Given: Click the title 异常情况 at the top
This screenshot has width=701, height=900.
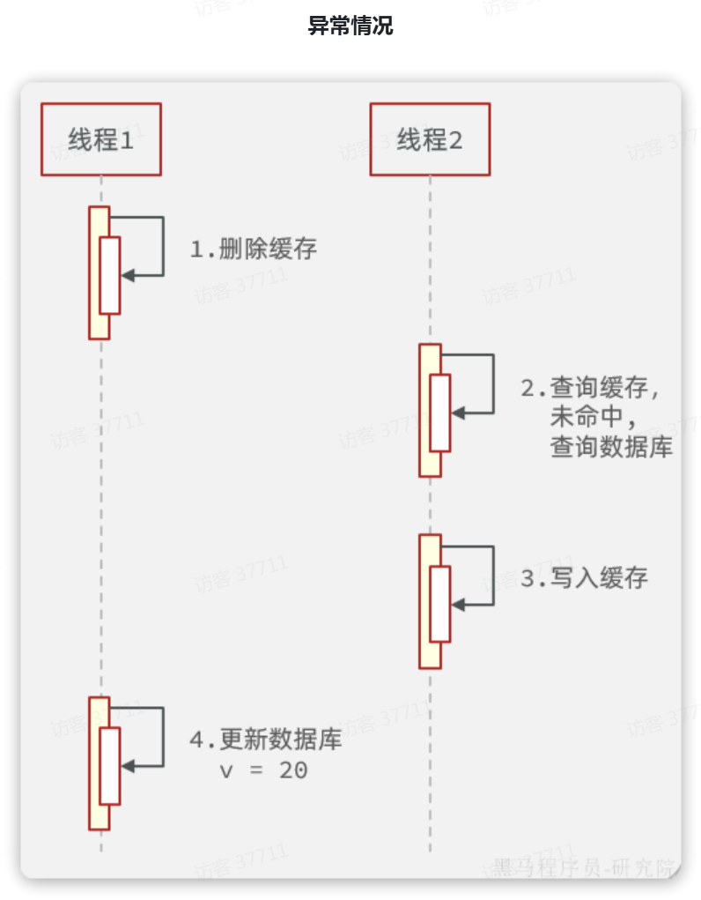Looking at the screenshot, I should tap(350, 26).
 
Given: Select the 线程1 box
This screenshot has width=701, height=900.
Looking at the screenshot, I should tap(100, 139).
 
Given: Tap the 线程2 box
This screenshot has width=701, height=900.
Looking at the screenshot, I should tap(429, 139).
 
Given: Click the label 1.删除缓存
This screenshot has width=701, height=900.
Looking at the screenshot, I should tap(254, 249).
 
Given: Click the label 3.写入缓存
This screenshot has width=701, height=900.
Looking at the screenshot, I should tap(584, 578).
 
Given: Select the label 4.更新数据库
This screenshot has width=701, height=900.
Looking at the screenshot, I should tap(266, 740).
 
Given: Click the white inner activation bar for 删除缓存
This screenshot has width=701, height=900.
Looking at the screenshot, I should tap(109, 275).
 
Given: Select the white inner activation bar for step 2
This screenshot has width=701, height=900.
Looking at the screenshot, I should tap(439, 413).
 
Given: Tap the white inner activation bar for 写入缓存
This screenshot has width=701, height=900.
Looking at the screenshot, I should tap(439, 604).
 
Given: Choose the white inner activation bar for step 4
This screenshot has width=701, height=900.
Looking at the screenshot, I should tap(109, 766).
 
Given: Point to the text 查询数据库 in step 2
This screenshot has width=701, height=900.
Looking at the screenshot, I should tap(611, 447).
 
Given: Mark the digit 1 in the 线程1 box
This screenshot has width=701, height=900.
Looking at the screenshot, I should tap(127, 139).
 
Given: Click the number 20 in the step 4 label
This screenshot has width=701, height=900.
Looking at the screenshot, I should tap(293, 770).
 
